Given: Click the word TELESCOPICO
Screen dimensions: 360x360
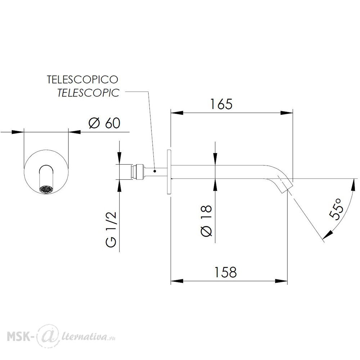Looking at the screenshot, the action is pos(82,80).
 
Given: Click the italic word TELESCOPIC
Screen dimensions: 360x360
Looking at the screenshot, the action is pos(88,93).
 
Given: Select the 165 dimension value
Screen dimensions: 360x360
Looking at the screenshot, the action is pos(221,104).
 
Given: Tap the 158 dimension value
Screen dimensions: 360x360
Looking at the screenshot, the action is pos(225,272).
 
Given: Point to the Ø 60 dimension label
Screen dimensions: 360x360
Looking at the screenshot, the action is pos(104,123).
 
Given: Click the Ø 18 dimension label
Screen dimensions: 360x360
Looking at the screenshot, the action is pos(206,220).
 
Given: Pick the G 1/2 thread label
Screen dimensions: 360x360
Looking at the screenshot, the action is pos(112,229).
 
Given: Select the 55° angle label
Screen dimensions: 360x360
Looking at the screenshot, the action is pos(336,209).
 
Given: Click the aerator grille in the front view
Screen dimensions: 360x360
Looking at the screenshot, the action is pos(46,189).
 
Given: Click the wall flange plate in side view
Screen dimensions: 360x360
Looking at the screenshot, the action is pos(169,172).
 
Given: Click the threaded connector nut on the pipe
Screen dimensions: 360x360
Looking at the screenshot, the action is pos(139,172).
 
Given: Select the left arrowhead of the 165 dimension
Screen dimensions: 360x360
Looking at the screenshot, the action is pos(177,113).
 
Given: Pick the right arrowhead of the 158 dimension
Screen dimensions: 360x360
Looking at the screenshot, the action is pos(281,281).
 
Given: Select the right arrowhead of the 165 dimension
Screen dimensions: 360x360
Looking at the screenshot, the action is pos(287,113).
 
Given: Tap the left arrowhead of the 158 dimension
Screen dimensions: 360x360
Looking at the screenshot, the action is pos(177,281).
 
